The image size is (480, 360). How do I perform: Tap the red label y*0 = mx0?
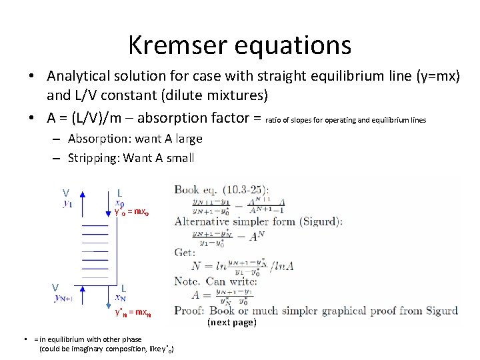click(x=132, y=212)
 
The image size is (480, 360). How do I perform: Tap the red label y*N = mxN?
click(x=133, y=312)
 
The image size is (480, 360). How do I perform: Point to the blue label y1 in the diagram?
click(x=68, y=203)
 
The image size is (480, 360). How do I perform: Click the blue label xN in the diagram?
click(x=121, y=298)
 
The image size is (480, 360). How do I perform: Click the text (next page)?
click(x=231, y=323)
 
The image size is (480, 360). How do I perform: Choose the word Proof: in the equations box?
click(x=190, y=310)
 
